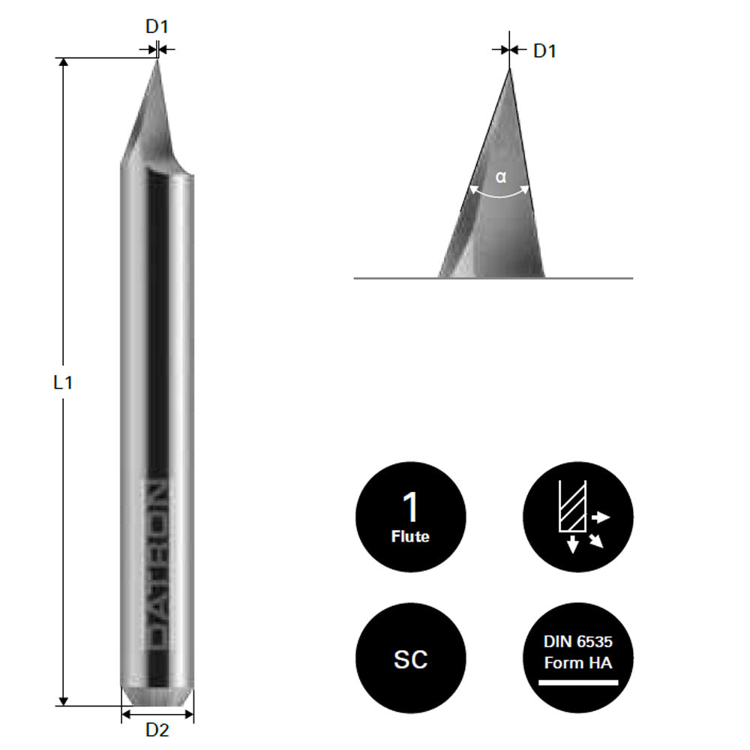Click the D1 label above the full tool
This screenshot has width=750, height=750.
157,27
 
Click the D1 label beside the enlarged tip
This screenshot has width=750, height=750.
544,52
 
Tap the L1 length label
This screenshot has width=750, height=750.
63,382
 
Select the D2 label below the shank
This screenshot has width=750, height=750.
157,729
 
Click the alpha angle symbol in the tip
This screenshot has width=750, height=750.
501,178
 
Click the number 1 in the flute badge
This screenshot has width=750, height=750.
410,508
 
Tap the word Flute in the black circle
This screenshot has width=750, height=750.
410,536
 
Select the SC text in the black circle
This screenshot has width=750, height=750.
410,659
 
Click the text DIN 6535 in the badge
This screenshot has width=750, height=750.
578,642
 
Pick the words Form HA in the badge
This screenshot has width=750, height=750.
578,663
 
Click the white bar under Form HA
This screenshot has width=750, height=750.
578,682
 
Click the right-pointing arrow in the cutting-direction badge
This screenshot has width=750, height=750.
601,517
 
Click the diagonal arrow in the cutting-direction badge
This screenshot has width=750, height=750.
596,541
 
